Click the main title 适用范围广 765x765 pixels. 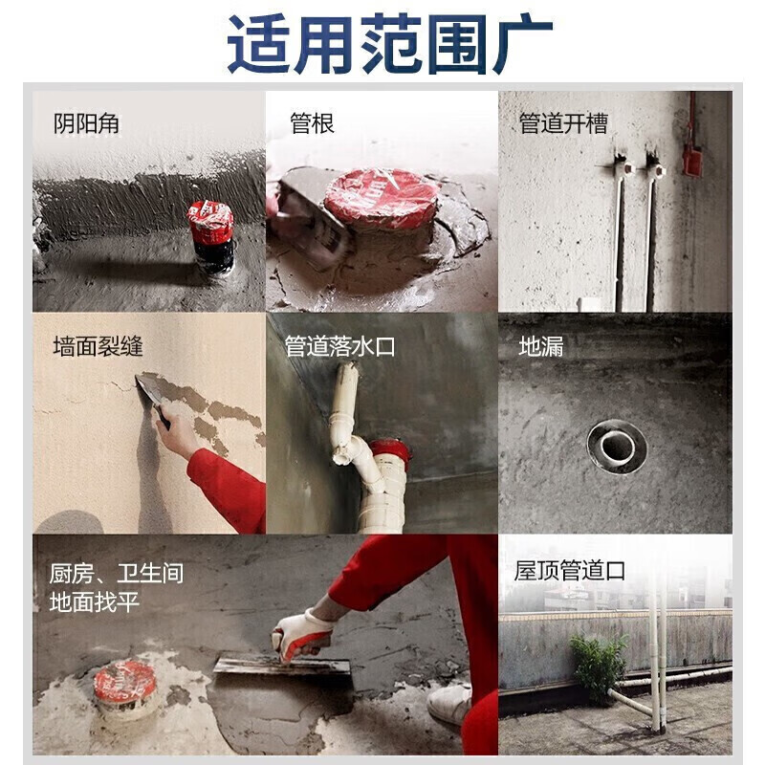click(x=389, y=44)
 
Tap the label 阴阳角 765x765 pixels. click(x=86, y=123)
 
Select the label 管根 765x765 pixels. click(x=313, y=123)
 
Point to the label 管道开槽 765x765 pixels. click(x=563, y=123)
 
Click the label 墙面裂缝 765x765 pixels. click(x=98, y=346)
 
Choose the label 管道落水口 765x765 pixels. click(x=340, y=346)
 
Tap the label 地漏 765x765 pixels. click(x=541, y=346)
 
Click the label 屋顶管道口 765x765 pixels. click(x=570, y=570)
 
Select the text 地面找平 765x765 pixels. click(x=94, y=601)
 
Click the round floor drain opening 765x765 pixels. click(x=617, y=447)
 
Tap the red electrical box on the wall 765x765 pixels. click(x=690, y=159)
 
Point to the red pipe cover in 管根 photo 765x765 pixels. click(x=382, y=199)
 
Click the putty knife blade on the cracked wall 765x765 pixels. click(x=148, y=388)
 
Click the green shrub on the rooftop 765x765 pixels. click(x=599, y=666)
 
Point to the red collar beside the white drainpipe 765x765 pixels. click(x=390, y=452)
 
